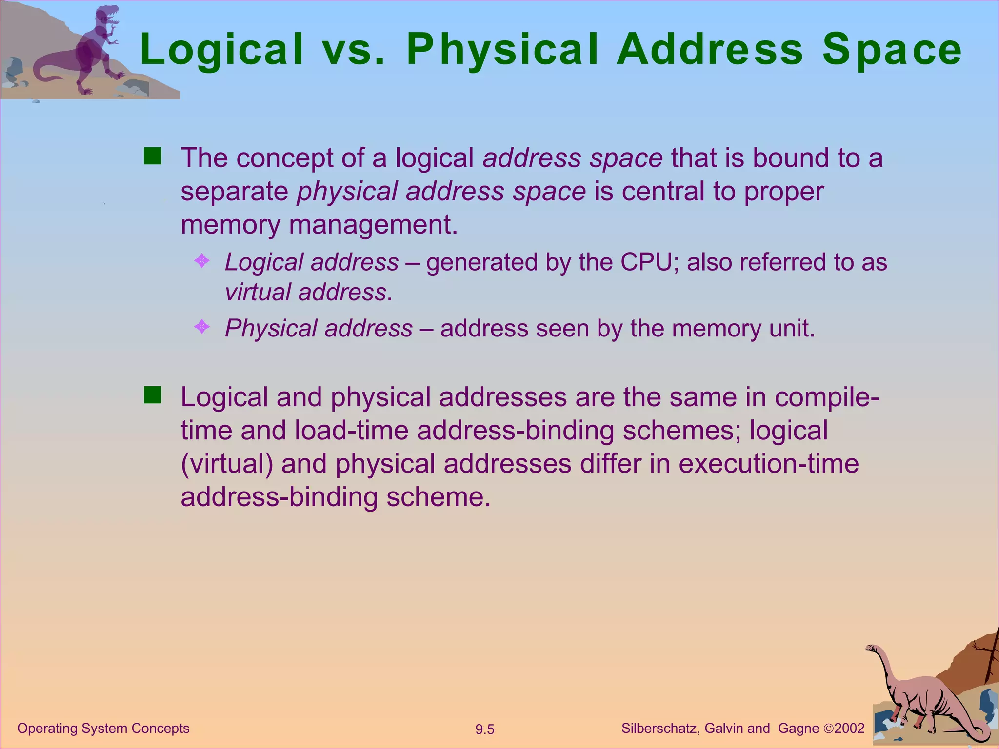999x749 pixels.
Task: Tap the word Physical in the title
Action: [502, 50]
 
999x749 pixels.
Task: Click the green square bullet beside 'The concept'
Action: [153, 157]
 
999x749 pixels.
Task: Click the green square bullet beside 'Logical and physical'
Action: [153, 395]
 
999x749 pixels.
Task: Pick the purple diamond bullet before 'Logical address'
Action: [201, 261]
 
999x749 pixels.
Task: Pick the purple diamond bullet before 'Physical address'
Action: [201, 327]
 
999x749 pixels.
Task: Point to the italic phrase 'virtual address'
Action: [306, 293]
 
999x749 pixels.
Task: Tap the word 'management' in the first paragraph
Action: [373, 225]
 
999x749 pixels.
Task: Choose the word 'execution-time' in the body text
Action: [768, 464]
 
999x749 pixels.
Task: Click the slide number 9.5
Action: [485, 729]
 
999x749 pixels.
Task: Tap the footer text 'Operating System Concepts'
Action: [103, 729]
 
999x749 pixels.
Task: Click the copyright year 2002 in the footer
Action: [849, 729]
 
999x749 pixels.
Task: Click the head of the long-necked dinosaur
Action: [872, 649]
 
